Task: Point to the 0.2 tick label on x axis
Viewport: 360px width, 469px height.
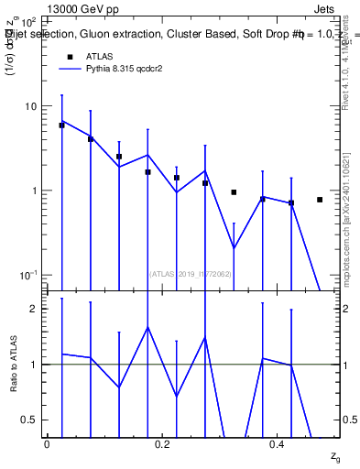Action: tap(163, 442)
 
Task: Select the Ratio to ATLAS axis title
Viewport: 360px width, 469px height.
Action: tap(13, 365)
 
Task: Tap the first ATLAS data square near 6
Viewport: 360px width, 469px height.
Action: tap(61, 125)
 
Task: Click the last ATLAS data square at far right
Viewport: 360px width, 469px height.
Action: tap(320, 200)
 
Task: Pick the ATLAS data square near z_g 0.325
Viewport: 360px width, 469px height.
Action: tap(234, 192)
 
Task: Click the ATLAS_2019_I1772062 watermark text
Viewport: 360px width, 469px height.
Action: tap(191, 274)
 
